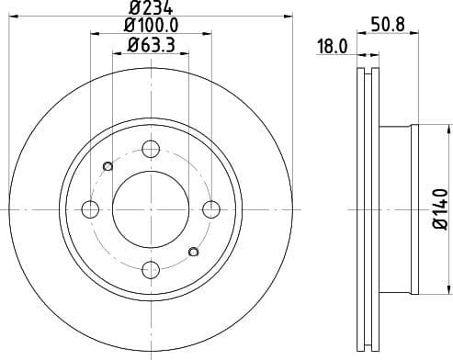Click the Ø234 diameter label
point(151,11)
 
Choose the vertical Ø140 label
point(438,208)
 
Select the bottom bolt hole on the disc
point(151,269)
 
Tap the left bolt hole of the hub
point(90,209)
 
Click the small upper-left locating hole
point(108,166)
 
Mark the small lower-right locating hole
point(193,252)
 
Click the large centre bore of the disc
point(151,209)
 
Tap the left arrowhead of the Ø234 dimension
point(11,17)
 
